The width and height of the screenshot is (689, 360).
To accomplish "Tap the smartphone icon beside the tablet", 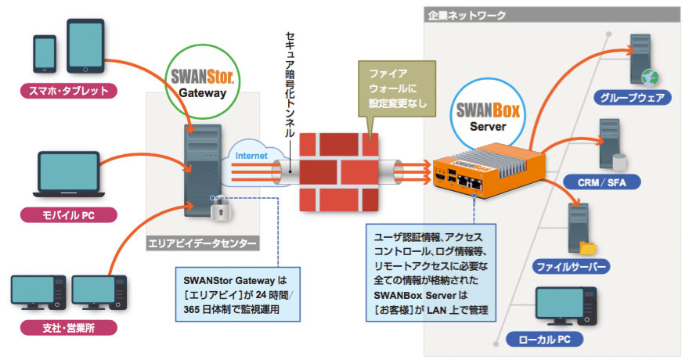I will [x=45, y=52].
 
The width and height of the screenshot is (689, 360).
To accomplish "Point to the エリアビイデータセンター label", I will [x=202, y=244].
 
